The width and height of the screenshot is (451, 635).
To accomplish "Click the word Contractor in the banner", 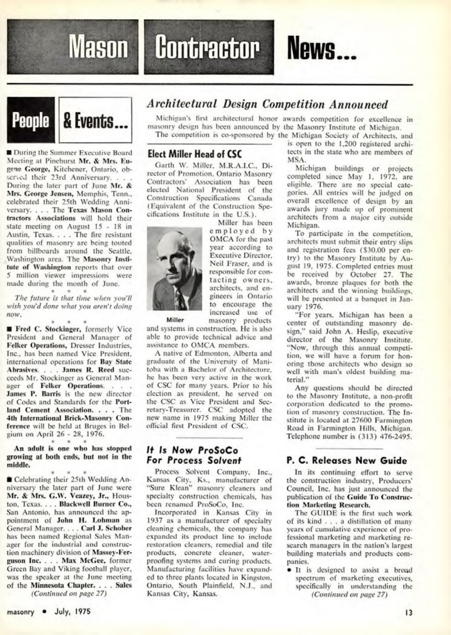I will click(209, 48).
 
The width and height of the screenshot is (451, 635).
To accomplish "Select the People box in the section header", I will click(31, 120).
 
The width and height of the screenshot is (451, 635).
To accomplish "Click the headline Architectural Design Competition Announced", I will click(267, 104).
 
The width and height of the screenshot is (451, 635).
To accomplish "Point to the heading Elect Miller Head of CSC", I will click(192, 154).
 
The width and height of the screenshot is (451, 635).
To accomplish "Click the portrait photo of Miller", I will click(174, 268).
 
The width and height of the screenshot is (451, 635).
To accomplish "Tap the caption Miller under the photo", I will click(175, 320).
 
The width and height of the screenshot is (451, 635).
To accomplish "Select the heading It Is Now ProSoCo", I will click(192, 450).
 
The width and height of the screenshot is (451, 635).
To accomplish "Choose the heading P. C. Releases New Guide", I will click(347, 460).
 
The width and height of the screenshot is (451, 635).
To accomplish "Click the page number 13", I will click(409, 612).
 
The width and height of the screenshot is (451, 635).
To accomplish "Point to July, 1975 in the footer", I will click(72, 612).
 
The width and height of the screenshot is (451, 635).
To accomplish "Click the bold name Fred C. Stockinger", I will click(48, 329).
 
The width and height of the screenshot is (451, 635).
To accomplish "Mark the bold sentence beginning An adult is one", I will click(69, 457).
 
